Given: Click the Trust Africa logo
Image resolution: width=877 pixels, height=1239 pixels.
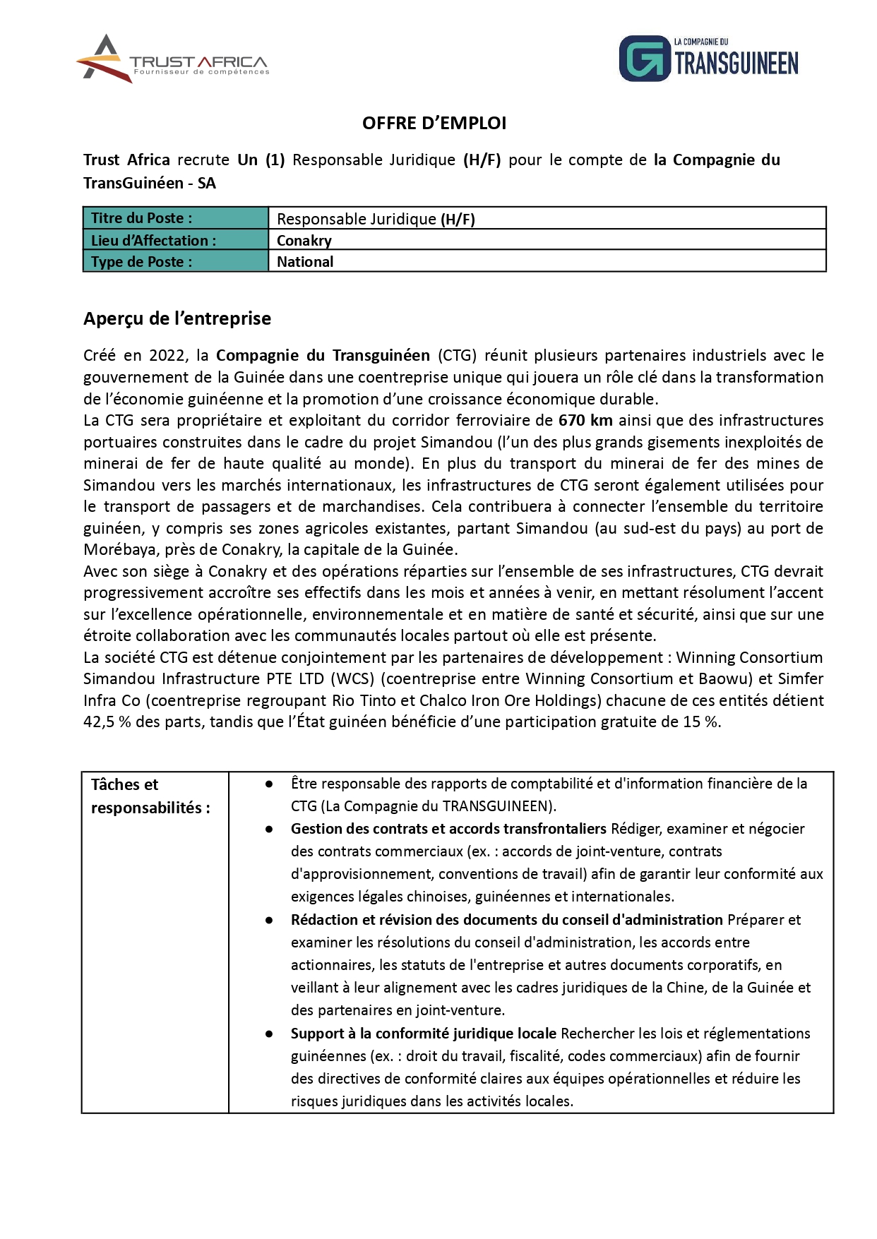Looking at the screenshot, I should pyautogui.click(x=172, y=59).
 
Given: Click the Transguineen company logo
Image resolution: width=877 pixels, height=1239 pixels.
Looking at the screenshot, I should pyautogui.click(x=708, y=59).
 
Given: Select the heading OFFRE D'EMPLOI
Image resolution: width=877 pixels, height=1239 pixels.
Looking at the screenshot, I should pyautogui.click(x=434, y=124).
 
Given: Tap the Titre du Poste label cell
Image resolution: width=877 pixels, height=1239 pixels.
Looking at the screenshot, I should pyautogui.click(x=176, y=218).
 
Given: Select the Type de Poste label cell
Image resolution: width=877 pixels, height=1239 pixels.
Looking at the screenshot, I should pyautogui.click(x=176, y=262).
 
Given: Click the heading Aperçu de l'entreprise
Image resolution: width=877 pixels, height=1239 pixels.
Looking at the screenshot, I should pyautogui.click(x=177, y=318).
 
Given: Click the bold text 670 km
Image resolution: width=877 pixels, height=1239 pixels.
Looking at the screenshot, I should pyautogui.click(x=585, y=421).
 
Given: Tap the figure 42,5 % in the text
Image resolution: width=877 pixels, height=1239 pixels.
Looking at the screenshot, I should pyautogui.click(x=107, y=722).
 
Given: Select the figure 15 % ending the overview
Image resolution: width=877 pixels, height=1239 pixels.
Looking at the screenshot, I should pyautogui.click(x=700, y=722).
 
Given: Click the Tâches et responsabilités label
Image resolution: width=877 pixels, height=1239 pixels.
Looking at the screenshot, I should pyautogui.click(x=150, y=796).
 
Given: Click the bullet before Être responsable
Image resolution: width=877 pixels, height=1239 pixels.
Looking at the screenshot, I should pyautogui.click(x=269, y=784).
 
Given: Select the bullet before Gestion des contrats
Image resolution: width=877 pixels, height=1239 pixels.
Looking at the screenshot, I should pyautogui.click(x=269, y=830).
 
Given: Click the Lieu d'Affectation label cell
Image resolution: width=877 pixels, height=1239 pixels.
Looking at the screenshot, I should pyautogui.click(x=176, y=241).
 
